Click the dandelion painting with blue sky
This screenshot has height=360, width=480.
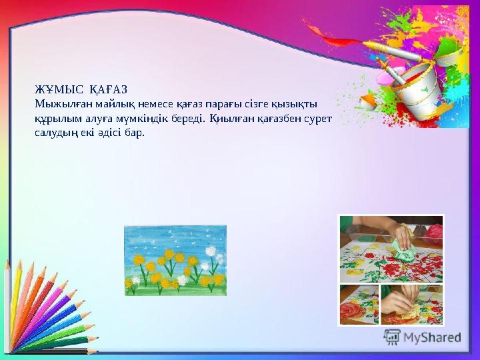coord(175,260)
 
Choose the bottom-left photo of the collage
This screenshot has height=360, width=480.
coord(359,305)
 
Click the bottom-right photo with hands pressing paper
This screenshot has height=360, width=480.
coord(411,305)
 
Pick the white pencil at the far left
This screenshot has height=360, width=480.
coord(8,300)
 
